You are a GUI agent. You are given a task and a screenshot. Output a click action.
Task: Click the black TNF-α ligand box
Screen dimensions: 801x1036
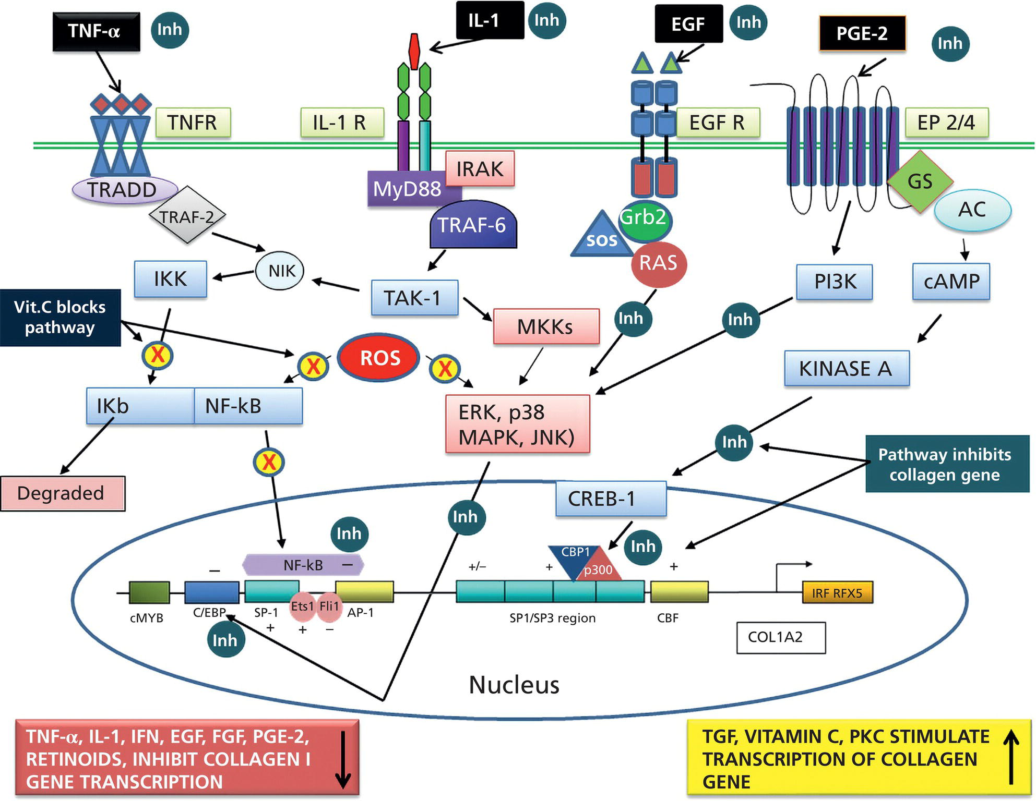(x=96, y=32)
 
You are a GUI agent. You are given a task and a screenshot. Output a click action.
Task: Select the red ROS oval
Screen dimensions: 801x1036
(x=379, y=358)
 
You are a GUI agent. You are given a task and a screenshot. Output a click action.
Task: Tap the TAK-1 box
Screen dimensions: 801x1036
(x=414, y=298)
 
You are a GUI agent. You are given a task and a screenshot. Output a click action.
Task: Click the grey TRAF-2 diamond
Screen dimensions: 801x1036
(x=187, y=215)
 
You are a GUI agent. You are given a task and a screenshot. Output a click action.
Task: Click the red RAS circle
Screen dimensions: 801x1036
(x=658, y=263)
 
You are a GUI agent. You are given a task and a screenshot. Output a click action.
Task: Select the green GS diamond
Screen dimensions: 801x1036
(x=920, y=181)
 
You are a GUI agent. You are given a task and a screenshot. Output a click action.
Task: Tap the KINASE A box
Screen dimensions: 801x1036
(x=846, y=368)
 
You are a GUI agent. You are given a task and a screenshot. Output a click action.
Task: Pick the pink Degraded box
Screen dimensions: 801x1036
(x=62, y=493)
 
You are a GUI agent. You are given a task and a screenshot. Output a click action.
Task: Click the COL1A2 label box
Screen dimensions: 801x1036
(x=780, y=637)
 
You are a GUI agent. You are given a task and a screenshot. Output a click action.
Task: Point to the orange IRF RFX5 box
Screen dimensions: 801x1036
(x=837, y=593)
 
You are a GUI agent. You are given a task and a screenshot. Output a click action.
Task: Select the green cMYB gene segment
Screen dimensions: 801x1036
(x=149, y=593)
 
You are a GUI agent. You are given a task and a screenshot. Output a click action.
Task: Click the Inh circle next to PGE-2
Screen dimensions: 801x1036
(x=949, y=44)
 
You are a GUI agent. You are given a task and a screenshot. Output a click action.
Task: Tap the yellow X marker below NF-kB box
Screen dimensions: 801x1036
(x=269, y=462)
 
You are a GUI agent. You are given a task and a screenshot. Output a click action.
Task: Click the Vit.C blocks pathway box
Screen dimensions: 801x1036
(x=60, y=318)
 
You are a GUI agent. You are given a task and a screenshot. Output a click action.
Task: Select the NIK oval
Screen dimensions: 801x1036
(x=280, y=271)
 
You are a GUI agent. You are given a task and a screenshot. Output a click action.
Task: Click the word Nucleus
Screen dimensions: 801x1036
(x=514, y=685)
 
